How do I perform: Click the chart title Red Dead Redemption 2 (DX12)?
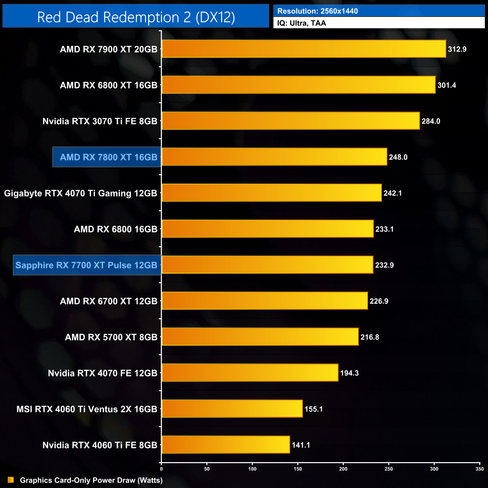tap(136, 17)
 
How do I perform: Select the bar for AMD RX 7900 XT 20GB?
tap(304, 49)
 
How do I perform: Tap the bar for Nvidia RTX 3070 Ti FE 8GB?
tap(291, 121)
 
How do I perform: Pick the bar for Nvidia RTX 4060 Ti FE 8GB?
tap(226, 445)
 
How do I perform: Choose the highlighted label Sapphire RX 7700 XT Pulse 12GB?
tap(87, 265)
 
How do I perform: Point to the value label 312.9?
tap(457, 49)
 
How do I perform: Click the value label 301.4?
tap(446, 85)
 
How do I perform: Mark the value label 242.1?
tap(392, 193)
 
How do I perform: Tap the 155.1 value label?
tap(313, 409)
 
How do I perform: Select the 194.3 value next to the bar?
tap(349, 373)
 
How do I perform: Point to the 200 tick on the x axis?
tap(343, 469)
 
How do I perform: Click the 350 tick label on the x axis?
tap(479, 469)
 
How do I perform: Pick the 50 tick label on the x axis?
tap(207, 469)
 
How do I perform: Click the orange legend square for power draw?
tap(11, 480)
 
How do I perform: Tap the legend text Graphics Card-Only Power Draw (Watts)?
tap(91, 480)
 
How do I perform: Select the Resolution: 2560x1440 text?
tap(318, 11)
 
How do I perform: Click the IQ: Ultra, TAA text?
tap(301, 23)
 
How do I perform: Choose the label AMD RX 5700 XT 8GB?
tap(111, 337)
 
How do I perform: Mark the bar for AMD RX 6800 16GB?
tap(268, 229)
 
